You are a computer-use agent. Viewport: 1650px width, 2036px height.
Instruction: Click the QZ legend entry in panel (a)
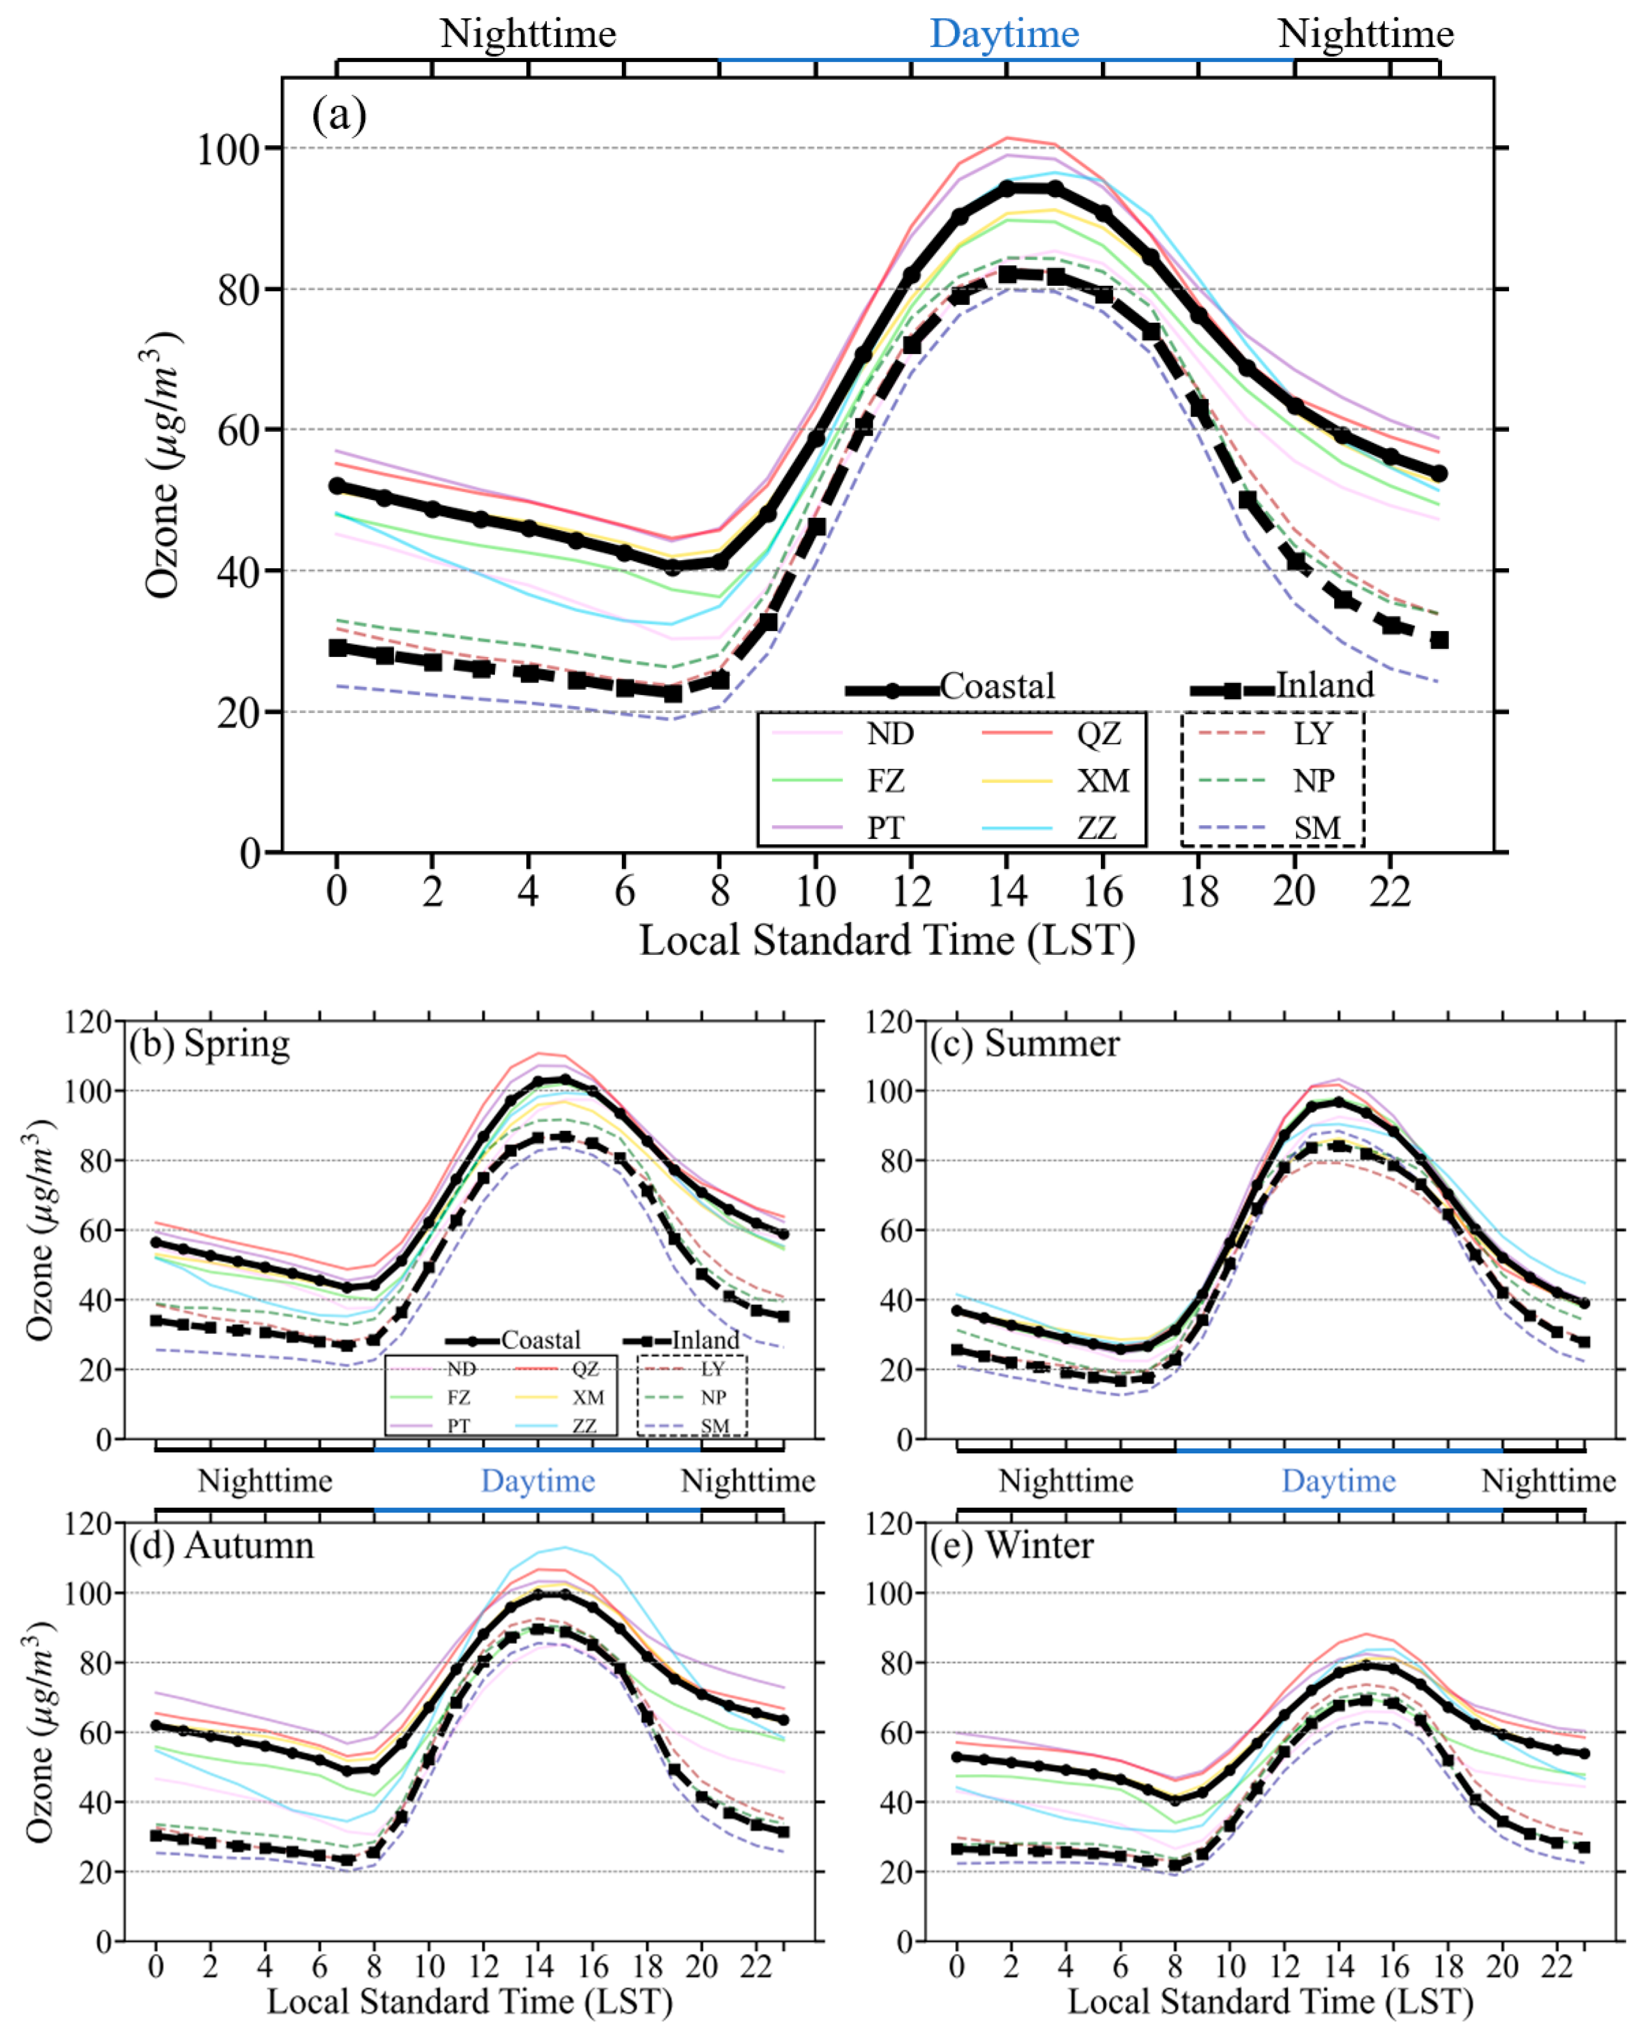1098,734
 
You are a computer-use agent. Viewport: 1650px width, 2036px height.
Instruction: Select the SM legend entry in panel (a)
1316,828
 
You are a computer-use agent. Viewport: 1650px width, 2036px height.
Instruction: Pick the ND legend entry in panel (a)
889,734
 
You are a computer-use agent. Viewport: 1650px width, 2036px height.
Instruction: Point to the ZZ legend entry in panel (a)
1096,828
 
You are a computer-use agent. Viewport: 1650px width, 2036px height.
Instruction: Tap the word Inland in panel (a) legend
1324,685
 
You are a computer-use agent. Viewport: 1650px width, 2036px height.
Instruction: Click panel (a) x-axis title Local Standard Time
887,941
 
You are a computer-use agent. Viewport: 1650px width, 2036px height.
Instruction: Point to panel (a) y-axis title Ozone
162,466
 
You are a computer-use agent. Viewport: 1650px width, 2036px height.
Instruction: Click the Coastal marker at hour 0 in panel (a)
336,486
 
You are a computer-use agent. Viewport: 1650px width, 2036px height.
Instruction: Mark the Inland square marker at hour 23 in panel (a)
1439,640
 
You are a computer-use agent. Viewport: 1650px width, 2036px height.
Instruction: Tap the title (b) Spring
209,1044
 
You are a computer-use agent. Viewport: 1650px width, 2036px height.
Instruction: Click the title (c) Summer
1025,1044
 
